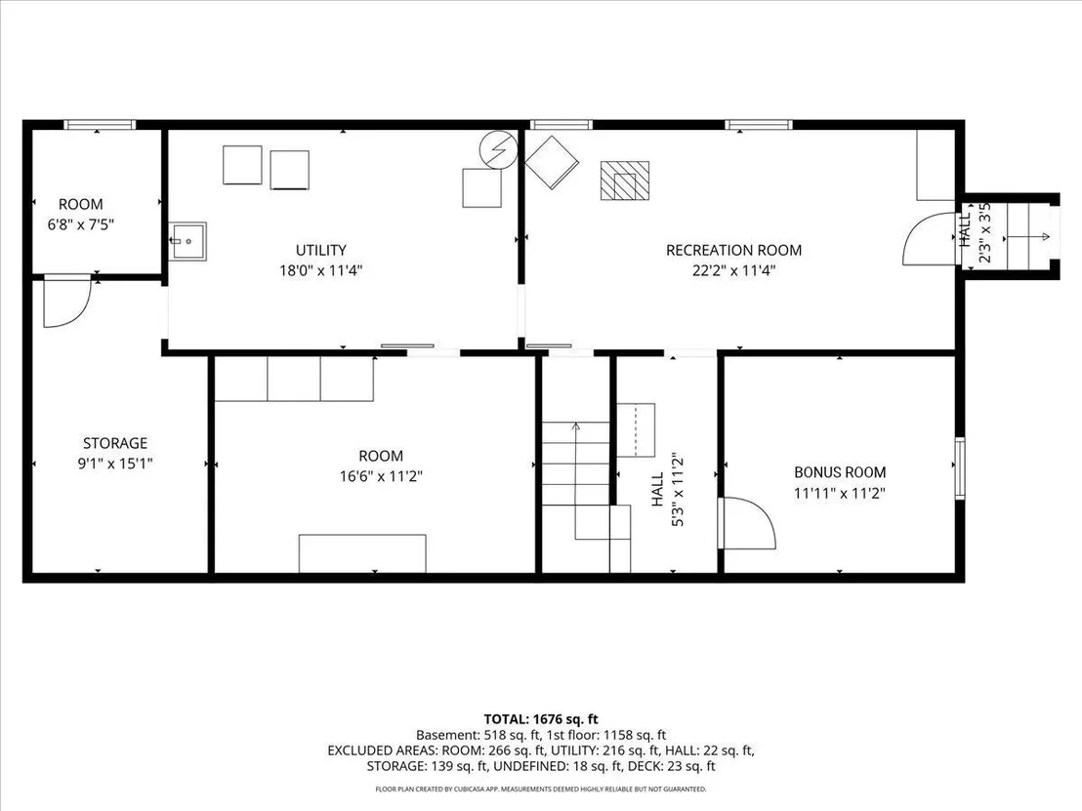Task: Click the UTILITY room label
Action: click(x=321, y=251)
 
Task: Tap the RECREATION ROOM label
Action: click(x=733, y=251)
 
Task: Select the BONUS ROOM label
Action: click(x=840, y=472)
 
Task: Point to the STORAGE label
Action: click(x=115, y=443)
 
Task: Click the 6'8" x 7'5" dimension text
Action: click(x=81, y=224)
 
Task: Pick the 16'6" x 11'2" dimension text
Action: click(x=381, y=476)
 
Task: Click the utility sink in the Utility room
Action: click(x=188, y=241)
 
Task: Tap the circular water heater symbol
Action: click(x=498, y=149)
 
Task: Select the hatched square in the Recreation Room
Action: click(x=625, y=181)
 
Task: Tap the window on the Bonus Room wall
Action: click(x=959, y=466)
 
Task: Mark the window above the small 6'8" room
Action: click(x=100, y=125)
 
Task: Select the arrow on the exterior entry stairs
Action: click(x=1027, y=236)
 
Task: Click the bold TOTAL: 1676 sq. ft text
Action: click(x=541, y=719)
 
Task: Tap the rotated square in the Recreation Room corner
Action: click(x=552, y=162)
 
